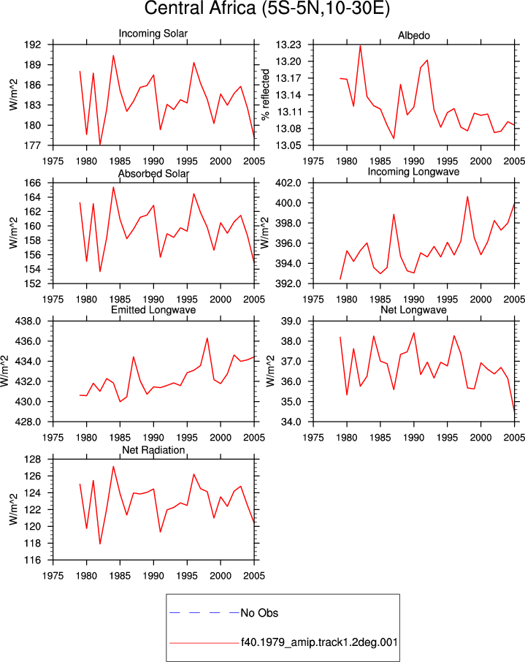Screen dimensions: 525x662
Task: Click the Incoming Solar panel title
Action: pos(153,34)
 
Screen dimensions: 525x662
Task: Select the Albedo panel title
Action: pos(413,36)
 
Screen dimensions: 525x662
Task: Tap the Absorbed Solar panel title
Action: pos(153,173)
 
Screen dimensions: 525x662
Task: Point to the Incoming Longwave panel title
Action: pos(413,172)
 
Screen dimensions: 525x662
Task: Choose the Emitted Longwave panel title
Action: pos(153,310)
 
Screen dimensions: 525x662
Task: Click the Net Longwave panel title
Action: pos(413,310)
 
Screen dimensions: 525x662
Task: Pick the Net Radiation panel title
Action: pos(153,450)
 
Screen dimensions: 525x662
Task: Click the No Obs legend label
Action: pos(259,612)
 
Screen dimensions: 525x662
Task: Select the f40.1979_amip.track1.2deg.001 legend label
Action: pos(319,642)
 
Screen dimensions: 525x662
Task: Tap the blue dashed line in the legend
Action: pos(204,612)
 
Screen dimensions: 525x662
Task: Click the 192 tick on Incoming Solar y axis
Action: pos(34,45)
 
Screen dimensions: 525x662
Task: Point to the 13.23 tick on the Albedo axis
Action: pos(288,45)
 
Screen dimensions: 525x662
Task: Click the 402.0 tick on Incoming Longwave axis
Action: pos(288,183)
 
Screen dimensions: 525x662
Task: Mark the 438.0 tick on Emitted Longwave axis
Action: pos(28,321)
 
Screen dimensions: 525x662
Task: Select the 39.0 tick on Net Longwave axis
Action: pos(291,321)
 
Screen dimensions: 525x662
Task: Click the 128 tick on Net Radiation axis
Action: pos(34,460)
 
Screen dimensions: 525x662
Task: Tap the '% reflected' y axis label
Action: pos(265,94)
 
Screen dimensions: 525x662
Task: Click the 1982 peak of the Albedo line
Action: pos(361,45)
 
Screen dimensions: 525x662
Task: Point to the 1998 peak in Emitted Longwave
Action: pos(207,338)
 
